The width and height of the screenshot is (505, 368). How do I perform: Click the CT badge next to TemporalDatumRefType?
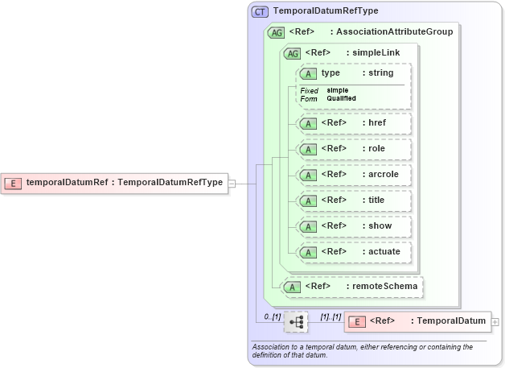261,12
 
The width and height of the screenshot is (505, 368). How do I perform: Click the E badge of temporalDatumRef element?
13,183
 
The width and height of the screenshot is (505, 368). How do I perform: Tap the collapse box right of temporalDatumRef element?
232,183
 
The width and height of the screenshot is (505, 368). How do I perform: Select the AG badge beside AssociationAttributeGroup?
276,32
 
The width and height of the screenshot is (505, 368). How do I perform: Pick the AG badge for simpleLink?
292,53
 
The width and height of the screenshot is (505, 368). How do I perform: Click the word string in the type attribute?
380,73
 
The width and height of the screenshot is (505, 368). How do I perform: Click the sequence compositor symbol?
296,321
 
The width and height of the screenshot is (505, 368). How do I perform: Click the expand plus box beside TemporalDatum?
495,321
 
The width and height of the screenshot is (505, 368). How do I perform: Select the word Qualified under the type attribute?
342,98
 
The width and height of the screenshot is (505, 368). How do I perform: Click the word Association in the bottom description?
273,347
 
